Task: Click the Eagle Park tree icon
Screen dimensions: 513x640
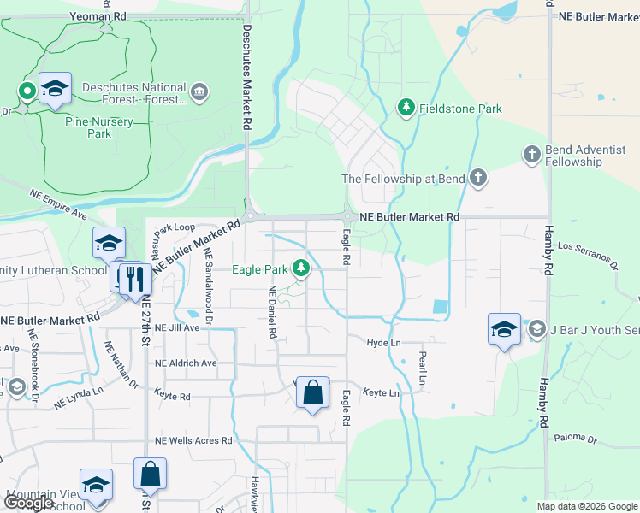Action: (x=300, y=269)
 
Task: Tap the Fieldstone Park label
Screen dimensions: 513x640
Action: (x=459, y=109)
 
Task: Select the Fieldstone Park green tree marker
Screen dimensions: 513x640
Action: (x=406, y=108)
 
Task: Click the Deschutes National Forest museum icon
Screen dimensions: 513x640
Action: (x=199, y=92)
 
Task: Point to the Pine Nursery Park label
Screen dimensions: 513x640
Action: (x=99, y=127)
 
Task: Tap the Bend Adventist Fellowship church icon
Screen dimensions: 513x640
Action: (x=530, y=154)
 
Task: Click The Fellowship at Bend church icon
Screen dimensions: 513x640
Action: (x=477, y=179)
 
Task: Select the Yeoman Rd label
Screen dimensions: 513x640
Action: (x=100, y=15)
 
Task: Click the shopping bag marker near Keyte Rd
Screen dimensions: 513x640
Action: (x=313, y=393)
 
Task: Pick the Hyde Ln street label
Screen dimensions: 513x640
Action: (x=383, y=342)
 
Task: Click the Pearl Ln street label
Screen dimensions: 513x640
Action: (x=422, y=369)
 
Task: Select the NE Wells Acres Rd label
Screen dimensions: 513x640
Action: (x=193, y=440)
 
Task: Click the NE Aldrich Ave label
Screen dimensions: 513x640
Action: (x=187, y=363)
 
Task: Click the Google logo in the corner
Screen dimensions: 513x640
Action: (x=27, y=503)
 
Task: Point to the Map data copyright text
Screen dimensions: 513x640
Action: (x=586, y=506)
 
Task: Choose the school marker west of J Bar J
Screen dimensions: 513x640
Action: (x=504, y=329)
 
